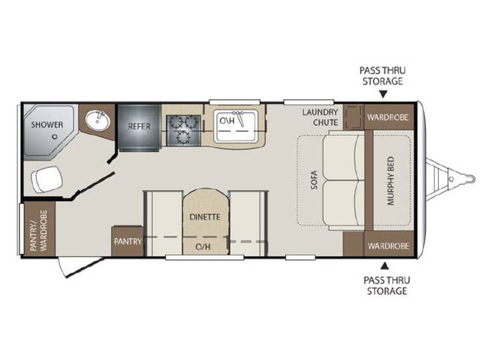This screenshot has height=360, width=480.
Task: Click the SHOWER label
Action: click(x=47, y=125)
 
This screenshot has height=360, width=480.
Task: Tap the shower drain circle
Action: click(x=55, y=137)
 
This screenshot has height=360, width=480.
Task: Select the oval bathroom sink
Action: click(x=97, y=120)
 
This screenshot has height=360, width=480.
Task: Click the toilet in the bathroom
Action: click(x=47, y=179)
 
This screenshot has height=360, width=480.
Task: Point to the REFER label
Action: click(x=139, y=126)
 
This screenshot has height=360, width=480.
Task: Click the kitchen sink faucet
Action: click(x=239, y=118)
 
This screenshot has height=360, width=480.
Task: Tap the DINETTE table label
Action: click(x=205, y=217)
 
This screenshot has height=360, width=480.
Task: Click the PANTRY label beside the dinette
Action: click(x=127, y=241)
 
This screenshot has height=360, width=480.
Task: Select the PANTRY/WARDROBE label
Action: click(x=39, y=230)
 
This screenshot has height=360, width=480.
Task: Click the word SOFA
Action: click(x=314, y=179)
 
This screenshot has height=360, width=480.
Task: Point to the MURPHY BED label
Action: click(x=391, y=181)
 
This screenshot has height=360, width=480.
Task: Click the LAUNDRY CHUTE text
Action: click(x=320, y=117)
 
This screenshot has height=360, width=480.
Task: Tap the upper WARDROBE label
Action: click(x=388, y=117)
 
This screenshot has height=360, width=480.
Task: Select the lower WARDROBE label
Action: click(x=389, y=246)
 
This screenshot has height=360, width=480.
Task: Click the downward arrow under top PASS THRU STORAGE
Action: click(x=383, y=94)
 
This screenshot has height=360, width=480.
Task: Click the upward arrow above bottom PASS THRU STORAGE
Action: click(x=385, y=266)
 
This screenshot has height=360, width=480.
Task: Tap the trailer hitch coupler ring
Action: click(x=451, y=179)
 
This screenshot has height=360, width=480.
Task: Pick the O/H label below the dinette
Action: click(x=203, y=247)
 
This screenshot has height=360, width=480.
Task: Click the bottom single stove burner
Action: click(x=183, y=137)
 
